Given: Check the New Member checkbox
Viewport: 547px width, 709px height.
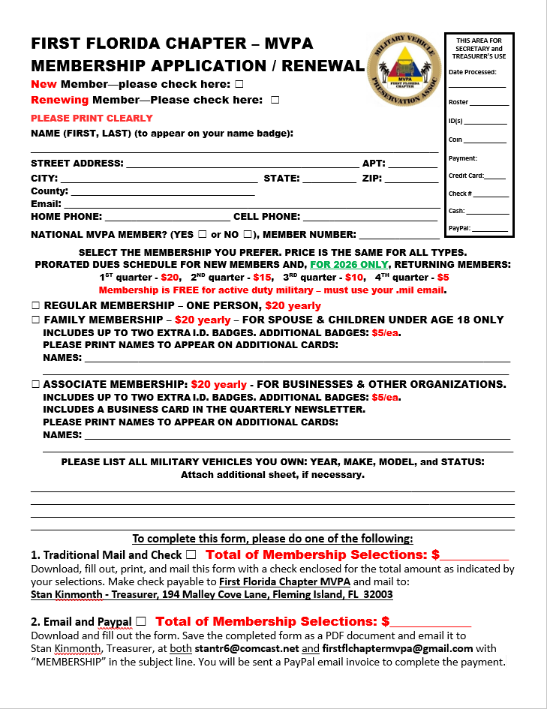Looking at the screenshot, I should click(239, 84).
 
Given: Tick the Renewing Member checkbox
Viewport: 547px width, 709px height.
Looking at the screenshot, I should click(275, 100).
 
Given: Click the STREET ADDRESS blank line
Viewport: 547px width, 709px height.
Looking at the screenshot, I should click(242, 165).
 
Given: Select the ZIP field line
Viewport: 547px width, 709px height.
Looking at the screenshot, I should click(411, 180).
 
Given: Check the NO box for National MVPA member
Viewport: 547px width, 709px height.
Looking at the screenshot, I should click(257, 235).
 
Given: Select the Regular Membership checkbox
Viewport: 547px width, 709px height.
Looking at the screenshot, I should click(35, 305).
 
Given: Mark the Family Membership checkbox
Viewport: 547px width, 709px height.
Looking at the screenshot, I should click(35, 320).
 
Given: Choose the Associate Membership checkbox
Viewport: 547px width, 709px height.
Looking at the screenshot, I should click(35, 384).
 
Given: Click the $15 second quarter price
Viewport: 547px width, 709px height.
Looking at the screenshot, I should click(262, 277).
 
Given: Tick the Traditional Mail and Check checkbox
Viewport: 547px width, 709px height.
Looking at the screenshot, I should click(191, 554).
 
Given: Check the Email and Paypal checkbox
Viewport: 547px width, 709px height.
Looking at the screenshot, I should click(141, 621).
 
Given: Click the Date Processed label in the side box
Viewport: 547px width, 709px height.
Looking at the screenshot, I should click(472, 72).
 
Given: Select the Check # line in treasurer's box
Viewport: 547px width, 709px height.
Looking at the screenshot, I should click(489, 195).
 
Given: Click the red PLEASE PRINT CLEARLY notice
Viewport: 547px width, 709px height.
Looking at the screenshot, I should click(92, 119).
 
